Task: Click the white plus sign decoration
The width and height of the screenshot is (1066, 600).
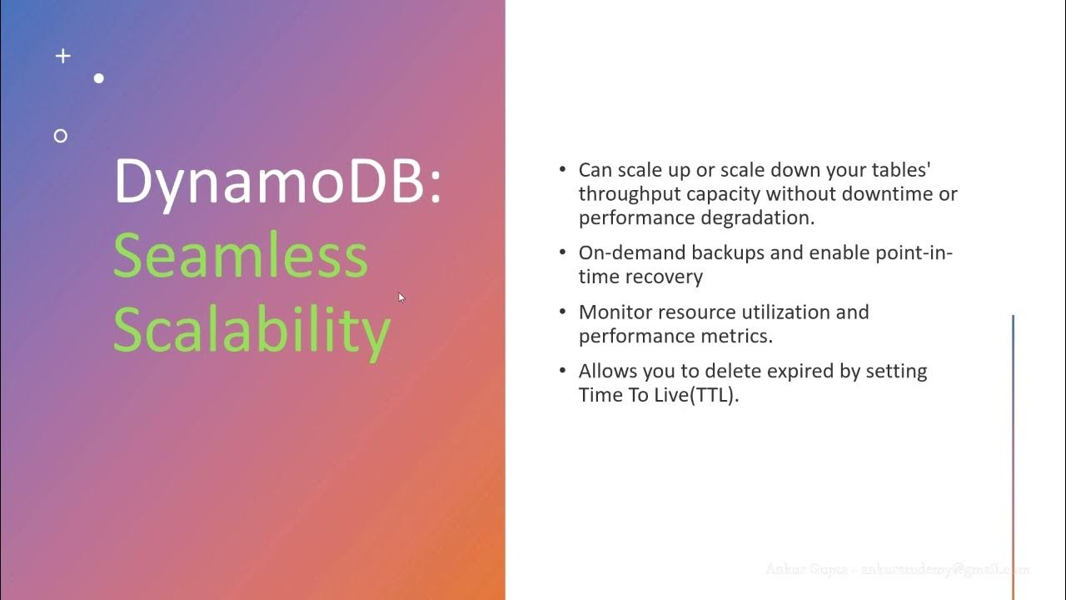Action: point(62,56)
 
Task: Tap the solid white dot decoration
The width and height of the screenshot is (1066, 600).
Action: point(99,78)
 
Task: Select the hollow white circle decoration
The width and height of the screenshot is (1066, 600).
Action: point(60,136)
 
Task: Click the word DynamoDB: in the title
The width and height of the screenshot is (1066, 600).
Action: point(277,181)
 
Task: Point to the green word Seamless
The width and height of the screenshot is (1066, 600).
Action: point(240,256)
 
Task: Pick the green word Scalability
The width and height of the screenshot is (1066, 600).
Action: point(252,329)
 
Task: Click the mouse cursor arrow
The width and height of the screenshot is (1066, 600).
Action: point(401,297)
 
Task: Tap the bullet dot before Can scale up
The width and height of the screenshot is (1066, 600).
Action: point(562,170)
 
